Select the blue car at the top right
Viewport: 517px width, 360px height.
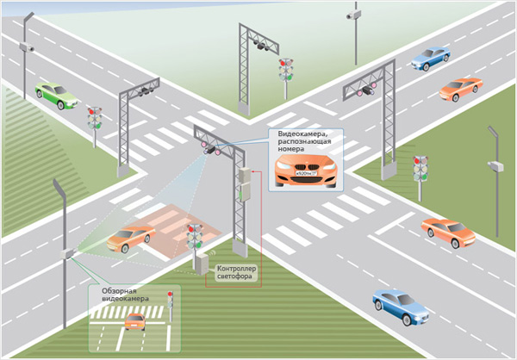tap(430, 58)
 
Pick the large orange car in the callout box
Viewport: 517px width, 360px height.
tap(302, 169)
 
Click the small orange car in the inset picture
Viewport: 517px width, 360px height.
tap(135, 321)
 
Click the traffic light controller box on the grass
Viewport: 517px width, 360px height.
tap(202, 262)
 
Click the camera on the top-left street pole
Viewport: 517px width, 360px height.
tap(28, 49)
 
